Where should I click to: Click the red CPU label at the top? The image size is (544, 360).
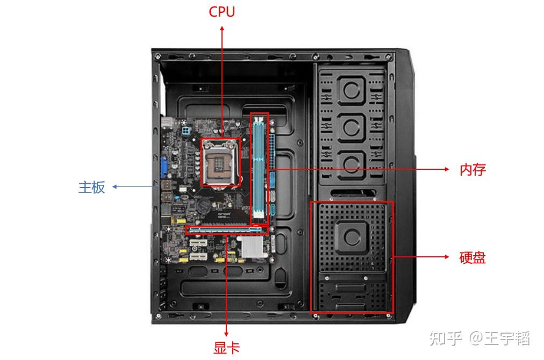click(221, 11)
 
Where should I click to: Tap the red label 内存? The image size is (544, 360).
click(473, 170)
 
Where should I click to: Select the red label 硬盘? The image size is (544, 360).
click(473, 258)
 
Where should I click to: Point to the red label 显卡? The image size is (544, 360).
click(226, 348)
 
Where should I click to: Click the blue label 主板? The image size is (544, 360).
click(91, 188)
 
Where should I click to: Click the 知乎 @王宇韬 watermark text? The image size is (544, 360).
click(480, 338)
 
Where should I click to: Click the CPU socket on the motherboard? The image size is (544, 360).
click(220, 162)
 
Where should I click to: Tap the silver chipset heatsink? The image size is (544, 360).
click(252, 247)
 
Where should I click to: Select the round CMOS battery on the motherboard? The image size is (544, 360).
click(204, 206)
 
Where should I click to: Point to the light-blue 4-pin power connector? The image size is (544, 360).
click(186, 131)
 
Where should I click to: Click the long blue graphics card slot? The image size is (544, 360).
click(226, 229)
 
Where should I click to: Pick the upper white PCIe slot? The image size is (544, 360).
click(198, 242)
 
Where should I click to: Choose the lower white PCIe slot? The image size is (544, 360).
click(198, 257)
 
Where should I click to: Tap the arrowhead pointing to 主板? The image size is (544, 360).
click(115, 187)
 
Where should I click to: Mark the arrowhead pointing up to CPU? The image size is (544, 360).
click(222, 28)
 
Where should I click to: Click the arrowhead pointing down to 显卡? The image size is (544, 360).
click(226, 334)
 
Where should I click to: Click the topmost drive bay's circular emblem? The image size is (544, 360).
click(352, 90)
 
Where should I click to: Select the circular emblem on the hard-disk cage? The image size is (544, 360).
click(352, 237)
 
